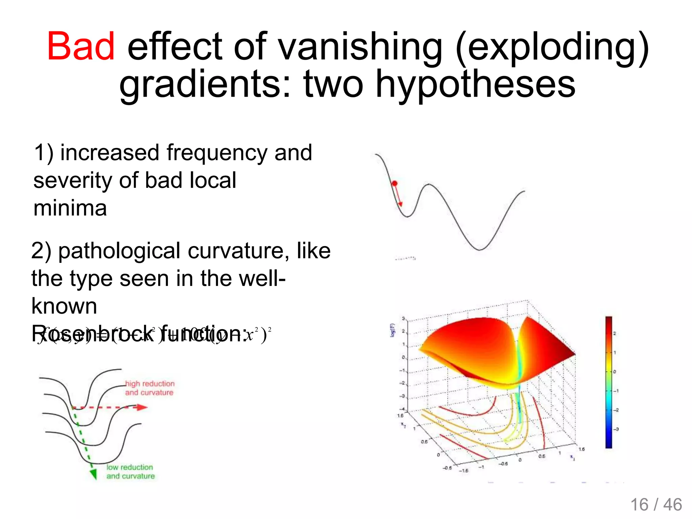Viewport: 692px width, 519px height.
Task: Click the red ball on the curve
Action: point(394,183)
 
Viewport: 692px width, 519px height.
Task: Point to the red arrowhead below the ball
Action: point(400,204)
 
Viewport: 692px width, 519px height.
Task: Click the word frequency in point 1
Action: point(217,153)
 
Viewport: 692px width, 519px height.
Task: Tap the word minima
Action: point(70,208)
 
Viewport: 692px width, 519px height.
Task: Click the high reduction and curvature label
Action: point(150,388)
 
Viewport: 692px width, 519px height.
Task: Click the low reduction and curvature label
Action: point(130,472)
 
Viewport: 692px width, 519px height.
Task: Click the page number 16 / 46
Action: point(656,505)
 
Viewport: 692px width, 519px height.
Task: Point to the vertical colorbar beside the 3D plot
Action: point(609,382)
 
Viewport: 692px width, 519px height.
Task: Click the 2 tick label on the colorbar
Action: point(615,333)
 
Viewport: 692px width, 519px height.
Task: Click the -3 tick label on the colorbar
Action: point(616,429)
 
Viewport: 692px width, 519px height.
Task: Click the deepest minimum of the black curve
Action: point(479,250)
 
